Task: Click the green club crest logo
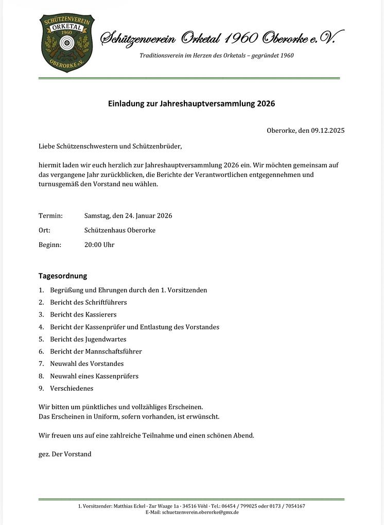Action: pyautogui.click(x=67, y=43)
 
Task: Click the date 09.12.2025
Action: pyautogui.click(x=327, y=130)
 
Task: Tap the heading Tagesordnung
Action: pyautogui.click(x=63, y=276)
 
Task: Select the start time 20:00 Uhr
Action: pyautogui.click(x=99, y=244)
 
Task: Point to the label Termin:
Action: pyautogui.click(x=50, y=216)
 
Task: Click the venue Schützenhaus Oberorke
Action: pyautogui.click(x=120, y=230)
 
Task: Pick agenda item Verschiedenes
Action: pyautogui.click(x=72, y=389)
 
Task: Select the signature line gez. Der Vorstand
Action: pyautogui.click(x=65, y=454)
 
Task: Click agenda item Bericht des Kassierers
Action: pyautogui.click(x=83, y=314)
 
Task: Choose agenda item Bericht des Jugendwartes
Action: pyautogui.click(x=88, y=339)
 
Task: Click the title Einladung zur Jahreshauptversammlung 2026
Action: pyautogui.click(x=191, y=103)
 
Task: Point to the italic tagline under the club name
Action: pyautogui.click(x=217, y=55)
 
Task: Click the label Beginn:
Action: pyautogui.click(x=50, y=244)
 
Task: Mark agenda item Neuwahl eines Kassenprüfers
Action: pyautogui.click(x=94, y=376)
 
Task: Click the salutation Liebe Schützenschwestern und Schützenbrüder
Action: pyautogui.click(x=110, y=146)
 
